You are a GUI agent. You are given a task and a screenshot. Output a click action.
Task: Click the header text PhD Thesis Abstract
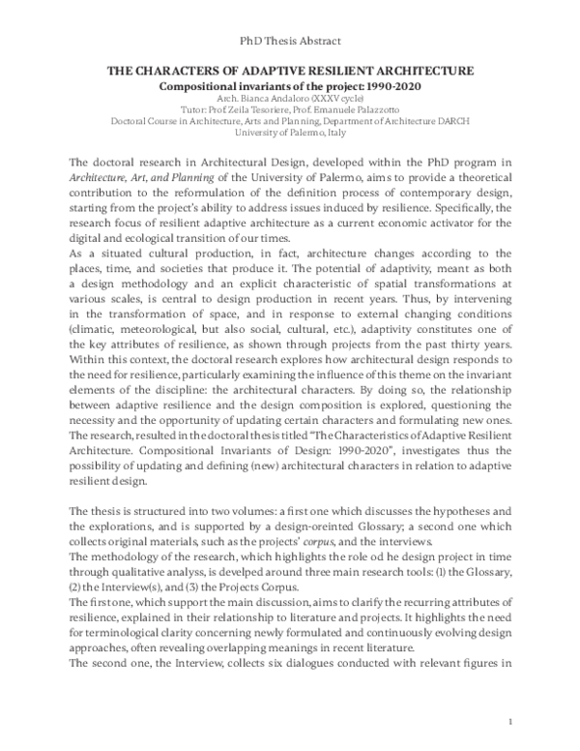pos(289,41)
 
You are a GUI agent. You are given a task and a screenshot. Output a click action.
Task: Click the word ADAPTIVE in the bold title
pos(270,72)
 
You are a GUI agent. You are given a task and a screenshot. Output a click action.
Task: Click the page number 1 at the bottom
pos(508,721)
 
